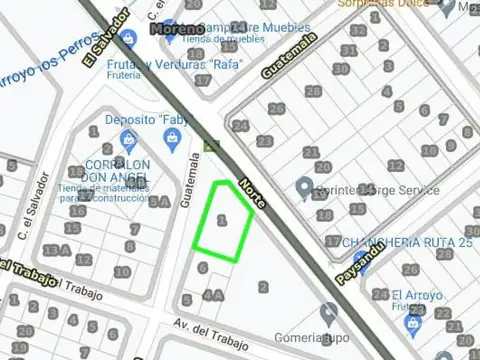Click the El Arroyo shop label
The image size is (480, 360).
[411, 295]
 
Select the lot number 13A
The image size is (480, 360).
[56, 249]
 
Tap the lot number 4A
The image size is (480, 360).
[212, 295]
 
